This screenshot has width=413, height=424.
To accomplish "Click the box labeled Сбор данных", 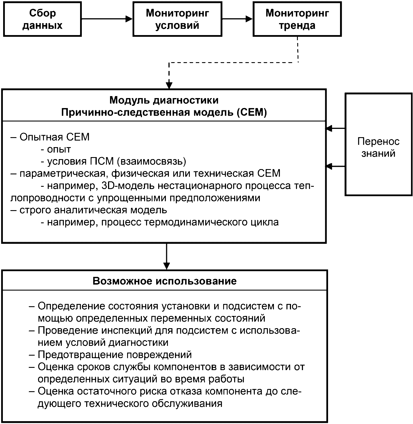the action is [x=42, y=19].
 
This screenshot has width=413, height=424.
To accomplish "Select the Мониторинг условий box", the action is [x=177, y=19].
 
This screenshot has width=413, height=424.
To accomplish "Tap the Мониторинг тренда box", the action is [x=297, y=19].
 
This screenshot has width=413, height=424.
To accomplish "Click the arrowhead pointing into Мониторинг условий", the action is [x=129, y=19].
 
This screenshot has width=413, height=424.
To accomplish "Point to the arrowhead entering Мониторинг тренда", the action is [x=249, y=19].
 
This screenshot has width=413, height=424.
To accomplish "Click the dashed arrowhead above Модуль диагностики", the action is [x=169, y=86].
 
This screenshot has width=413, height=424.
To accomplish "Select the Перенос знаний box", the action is [x=379, y=144].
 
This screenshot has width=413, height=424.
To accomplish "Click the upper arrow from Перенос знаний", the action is [x=335, y=129].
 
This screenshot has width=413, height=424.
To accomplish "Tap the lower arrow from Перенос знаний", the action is [x=335, y=167].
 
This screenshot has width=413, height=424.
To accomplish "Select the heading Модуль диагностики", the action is [x=164, y=100].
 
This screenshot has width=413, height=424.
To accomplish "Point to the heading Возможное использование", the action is [x=165, y=281].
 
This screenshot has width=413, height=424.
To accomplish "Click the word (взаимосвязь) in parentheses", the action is [x=152, y=161].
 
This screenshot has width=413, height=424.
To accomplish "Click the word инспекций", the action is [x=127, y=331].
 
